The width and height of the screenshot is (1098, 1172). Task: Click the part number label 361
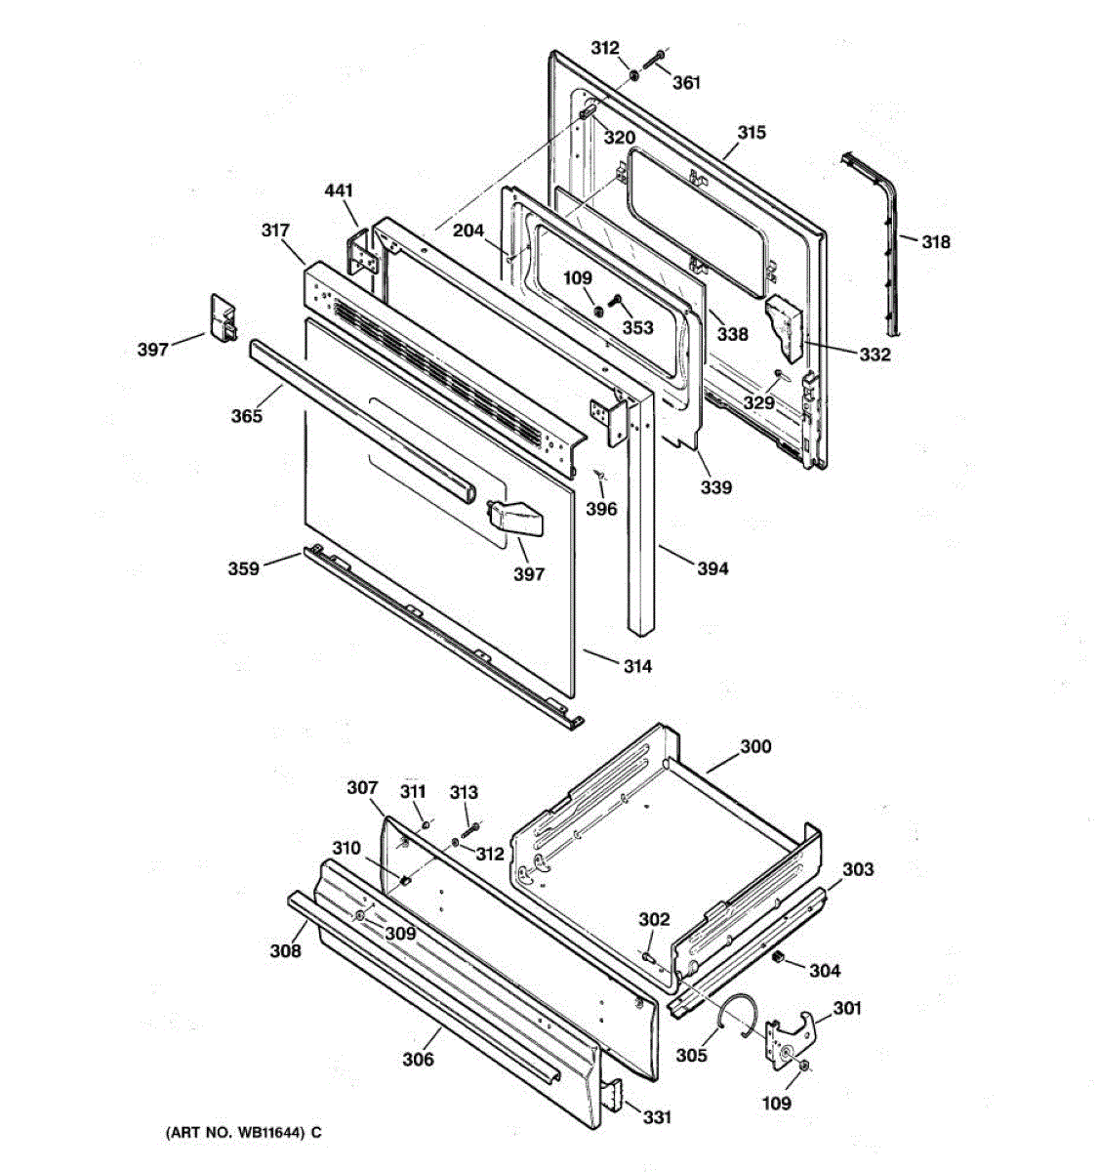pyautogui.click(x=686, y=83)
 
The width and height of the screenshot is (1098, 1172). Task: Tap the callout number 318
pyautogui.click(x=935, y=241)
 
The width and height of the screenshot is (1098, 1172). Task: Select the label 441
pyautogui.click(x=340, y=190)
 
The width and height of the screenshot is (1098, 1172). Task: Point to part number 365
pyautogui.click(x=246, y=416)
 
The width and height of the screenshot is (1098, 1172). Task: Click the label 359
pyautogui.click(x=244, y=568)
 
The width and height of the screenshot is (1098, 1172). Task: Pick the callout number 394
pyautogui.click(x=712, y=567)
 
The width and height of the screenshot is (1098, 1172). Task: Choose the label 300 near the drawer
pyautogui.click(x=754, y=746)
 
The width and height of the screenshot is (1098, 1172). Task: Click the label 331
pyautogui.click(x=657, y=1116)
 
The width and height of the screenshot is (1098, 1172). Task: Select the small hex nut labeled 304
pyautogui.click(x=779, y=958)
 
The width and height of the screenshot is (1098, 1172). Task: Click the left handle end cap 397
pyautogui.click(x=224, y=318)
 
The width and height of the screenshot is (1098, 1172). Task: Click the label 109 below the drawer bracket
pyautogui.click(x=777, y=1104)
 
